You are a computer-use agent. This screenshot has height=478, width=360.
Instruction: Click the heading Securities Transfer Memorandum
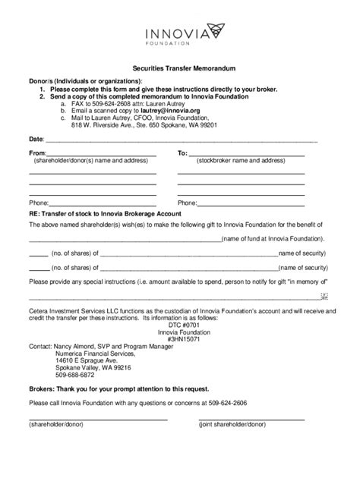179,67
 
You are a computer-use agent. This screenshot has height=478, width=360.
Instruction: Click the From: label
37,153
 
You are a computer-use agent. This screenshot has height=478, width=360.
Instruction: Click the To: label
182,153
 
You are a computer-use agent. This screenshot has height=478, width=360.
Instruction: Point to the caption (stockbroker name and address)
236,162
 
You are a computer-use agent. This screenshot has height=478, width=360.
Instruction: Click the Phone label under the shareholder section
39,203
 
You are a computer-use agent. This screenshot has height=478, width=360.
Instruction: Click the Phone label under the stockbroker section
187,203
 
